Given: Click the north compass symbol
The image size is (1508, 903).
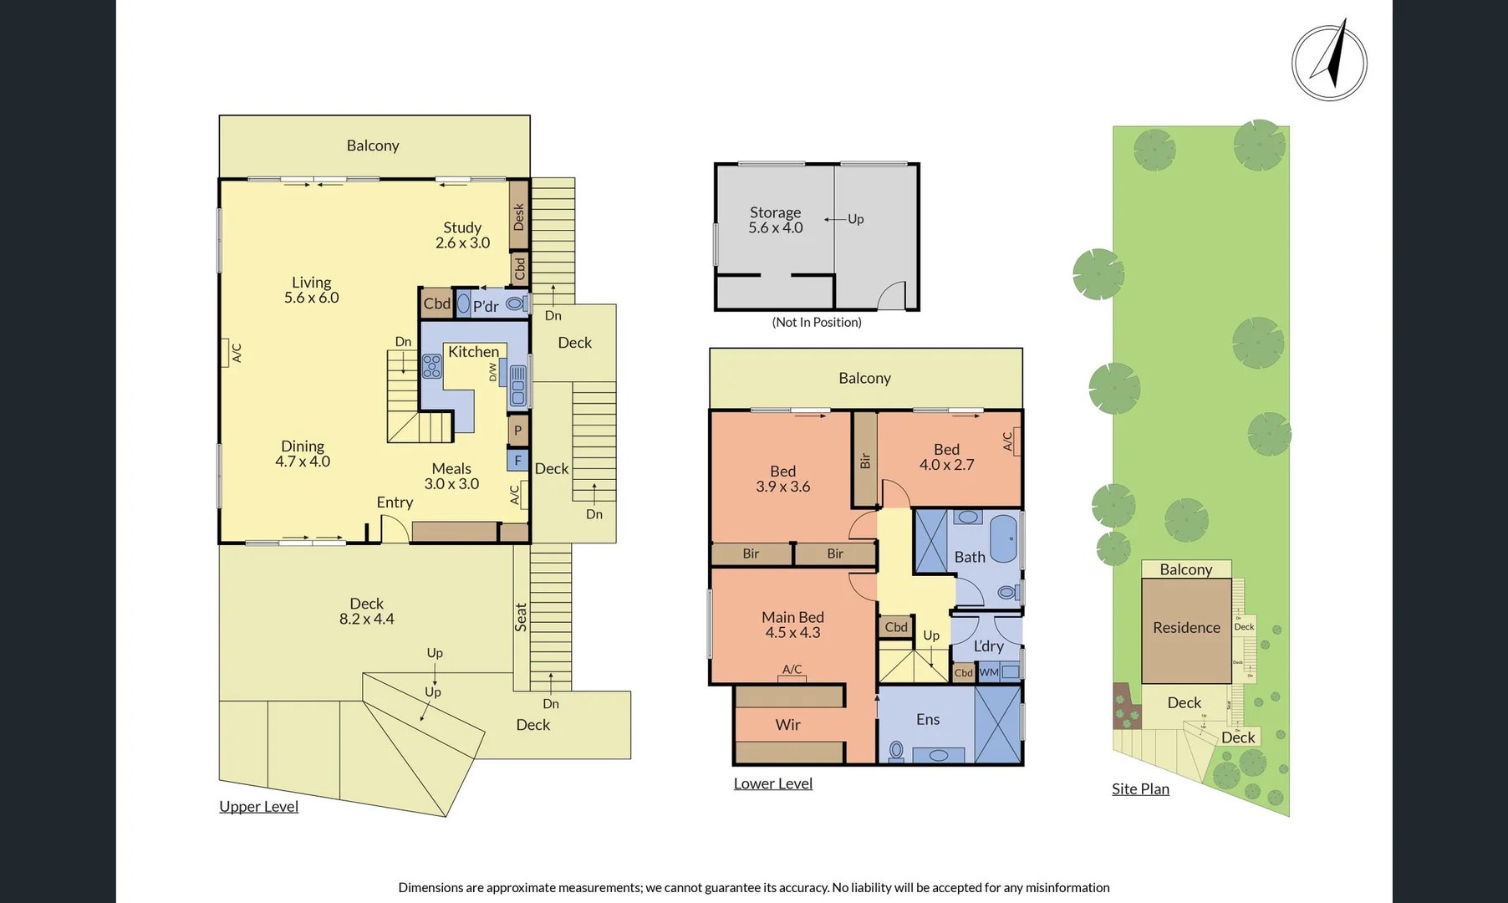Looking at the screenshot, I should pos(1329,62).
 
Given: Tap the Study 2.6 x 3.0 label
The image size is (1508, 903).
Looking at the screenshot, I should pos(462,235).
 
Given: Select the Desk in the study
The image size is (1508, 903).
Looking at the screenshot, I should pos(519,216).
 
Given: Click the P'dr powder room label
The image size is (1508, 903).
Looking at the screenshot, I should pos(486,306).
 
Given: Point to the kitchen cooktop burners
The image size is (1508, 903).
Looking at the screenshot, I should pos(431,366).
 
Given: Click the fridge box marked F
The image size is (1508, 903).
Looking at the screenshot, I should pos(517,461).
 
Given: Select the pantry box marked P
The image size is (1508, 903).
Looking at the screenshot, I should pos(517,431).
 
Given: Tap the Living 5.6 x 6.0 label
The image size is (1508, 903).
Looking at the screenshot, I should pos(311,290).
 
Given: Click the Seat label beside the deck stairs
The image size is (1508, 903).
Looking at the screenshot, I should pos(521,617).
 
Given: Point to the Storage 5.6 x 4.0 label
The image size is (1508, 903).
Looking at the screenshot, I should pos(775,220).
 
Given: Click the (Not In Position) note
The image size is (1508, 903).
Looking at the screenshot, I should pos(816,322).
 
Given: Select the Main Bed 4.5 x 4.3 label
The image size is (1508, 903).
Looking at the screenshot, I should pos(792,625).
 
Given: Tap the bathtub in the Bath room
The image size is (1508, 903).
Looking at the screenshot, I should pos(1002,539).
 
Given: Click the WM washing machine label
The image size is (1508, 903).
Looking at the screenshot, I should pos(990,672).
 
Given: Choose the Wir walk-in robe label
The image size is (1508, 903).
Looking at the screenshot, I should pos(787,725).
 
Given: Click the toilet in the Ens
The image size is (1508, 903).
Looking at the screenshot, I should pos(896,751).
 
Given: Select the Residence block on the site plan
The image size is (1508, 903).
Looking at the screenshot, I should pos(1186,628).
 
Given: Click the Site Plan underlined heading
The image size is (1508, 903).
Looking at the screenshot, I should pos(1140,789).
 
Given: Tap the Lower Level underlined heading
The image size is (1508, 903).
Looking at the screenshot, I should pos(772,783).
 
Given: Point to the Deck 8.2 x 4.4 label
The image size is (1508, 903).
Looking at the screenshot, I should pos(366,611).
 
